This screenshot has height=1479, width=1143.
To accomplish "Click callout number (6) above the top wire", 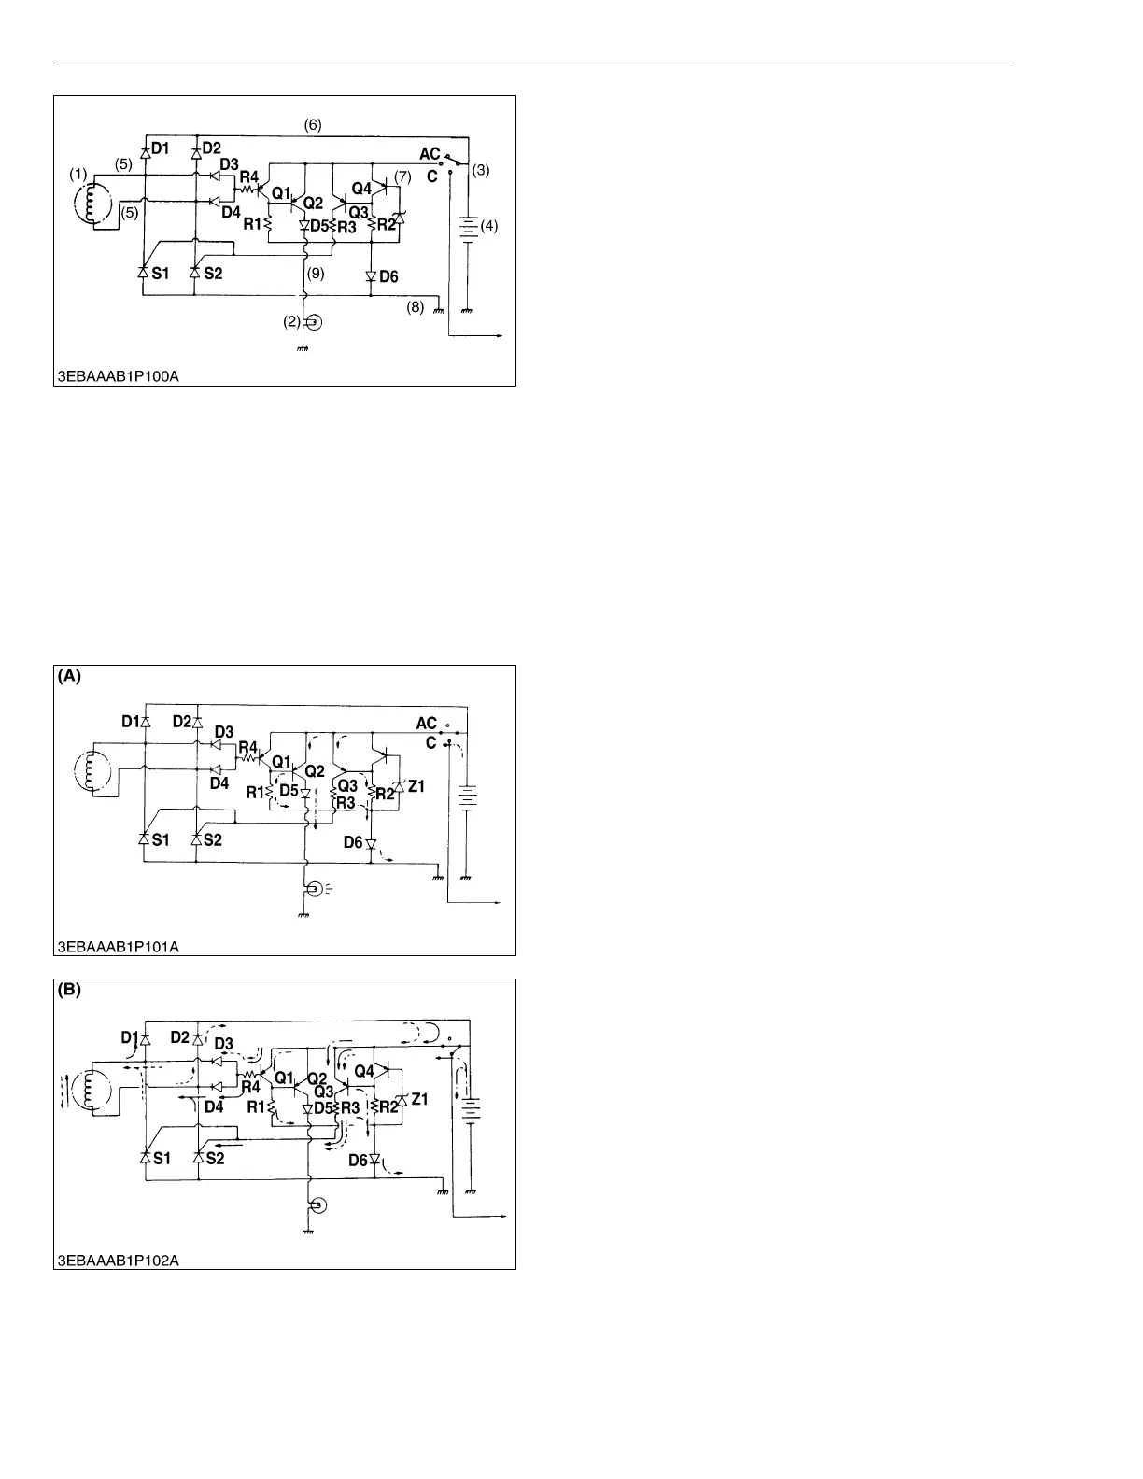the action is tap(313, 125).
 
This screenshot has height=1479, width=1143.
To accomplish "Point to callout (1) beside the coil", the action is tap(78, 175).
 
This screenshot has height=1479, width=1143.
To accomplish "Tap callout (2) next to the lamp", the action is tap(293, 322).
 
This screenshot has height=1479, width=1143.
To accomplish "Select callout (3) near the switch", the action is tap(481, 171).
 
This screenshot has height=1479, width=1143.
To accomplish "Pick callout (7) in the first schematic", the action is tap(402, 176).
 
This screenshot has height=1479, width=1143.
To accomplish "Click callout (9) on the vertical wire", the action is tap(316, 275).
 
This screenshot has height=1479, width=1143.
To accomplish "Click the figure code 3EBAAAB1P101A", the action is tap(117, 947).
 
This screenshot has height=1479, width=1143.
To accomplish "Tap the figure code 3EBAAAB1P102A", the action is tap(117, 1261).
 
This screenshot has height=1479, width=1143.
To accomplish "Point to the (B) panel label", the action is tap(70, 992).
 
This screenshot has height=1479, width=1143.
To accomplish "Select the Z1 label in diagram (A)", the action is tap(416, 787).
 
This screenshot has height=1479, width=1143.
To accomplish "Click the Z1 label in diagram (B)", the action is tap(418, 1100).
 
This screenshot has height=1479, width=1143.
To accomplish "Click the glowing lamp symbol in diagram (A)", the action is tap(316, 888).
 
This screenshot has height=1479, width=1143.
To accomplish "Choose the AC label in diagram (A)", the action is tap(427, 724).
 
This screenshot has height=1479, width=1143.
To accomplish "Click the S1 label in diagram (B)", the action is tap(161, 1157).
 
